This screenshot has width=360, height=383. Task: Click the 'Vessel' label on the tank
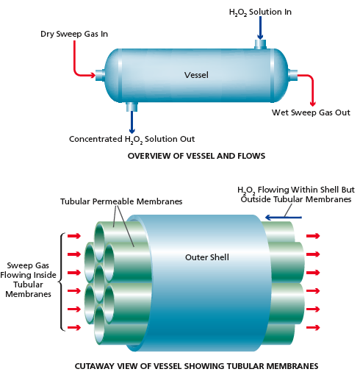[x=196, y=75]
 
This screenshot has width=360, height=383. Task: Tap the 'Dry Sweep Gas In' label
[x=74, y=34]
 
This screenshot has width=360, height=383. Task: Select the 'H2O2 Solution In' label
[x=260, y=12]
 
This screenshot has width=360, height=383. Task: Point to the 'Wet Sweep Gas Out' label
[x=311, y=112]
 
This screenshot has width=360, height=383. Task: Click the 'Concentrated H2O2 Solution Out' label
[x=132, y=140]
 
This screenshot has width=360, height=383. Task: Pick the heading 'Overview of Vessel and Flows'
[x=196, y=156]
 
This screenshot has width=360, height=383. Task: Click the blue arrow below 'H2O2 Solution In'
[x=260, y=27]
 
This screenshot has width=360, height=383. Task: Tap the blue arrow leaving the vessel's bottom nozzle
[x=132, y=122]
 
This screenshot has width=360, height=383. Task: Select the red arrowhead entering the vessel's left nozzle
[x=93, y=75]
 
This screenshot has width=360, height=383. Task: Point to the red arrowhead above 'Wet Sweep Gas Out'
[x=312, y=103]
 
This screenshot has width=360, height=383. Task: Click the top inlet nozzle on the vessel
[x=260, y=44]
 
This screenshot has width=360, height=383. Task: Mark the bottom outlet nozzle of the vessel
[x=132, y=107]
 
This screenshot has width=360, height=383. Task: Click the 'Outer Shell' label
[x=207, y=257]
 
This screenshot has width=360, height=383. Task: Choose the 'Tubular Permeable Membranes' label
[x=121, y=201]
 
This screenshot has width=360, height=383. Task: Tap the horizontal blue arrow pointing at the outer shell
[x=284, y=218]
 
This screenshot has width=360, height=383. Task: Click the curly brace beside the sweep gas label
[x=62, y=282]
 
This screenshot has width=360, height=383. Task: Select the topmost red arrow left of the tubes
[x=74, y=236]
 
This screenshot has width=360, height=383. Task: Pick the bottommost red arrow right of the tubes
[x=313, y=327]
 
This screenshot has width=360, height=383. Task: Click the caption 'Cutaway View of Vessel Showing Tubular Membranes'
[x=196, y=366]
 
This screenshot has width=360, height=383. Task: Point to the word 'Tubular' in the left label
[x=28, y=284]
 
